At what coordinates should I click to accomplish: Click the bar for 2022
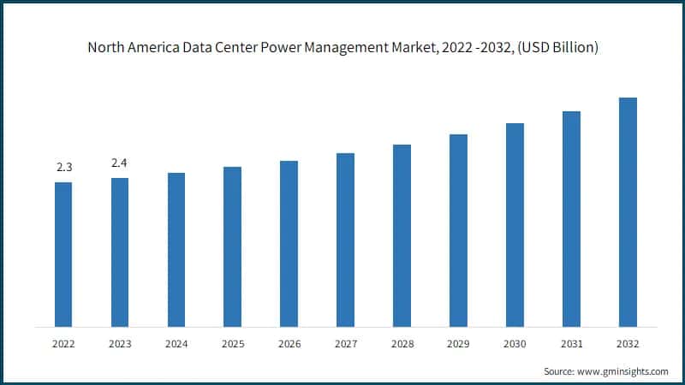(x=63, y=254)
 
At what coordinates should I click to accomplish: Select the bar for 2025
(x=232, y=246)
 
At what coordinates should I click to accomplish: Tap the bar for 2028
(x=402, y=235)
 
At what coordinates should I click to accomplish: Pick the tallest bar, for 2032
(x=628, y=212)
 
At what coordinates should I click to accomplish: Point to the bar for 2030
(x=515, y=225)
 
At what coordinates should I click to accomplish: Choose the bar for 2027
(x=345, y=240)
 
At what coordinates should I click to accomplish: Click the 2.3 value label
(x=63, y=168)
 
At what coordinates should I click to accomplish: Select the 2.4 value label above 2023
(x=120, y=163)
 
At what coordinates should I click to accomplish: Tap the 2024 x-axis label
(x=176, y=344)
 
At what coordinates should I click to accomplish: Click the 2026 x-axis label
(x=289, y=344)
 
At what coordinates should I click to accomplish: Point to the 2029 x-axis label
(x=458, y=344)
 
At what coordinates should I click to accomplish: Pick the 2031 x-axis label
(x=571, y=344)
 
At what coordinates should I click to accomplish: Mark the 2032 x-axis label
(x=628, y=344)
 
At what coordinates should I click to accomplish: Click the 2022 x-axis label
(x=63, y=344)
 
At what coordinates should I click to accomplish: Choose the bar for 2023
(x=120, y=252)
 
